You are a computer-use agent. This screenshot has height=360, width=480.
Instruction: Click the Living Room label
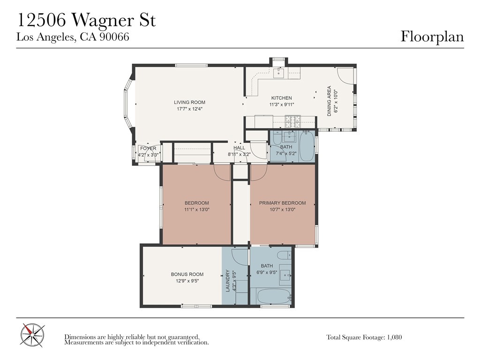click(189, 102)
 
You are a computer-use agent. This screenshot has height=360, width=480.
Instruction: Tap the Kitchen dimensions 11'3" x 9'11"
click(282, 105)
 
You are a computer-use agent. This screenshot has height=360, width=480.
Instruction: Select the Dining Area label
click(330, 101)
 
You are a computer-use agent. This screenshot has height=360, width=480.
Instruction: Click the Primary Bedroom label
click(282, 203)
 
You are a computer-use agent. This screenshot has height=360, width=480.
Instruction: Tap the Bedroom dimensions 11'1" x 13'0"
click(197, 210)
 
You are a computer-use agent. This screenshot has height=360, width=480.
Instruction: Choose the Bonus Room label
click(187, 274)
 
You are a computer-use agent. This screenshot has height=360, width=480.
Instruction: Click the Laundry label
click(228, 280)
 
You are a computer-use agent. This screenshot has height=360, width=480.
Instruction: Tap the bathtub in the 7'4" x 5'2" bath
click(307, 146)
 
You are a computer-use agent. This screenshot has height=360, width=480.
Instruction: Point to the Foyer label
click(148, 149)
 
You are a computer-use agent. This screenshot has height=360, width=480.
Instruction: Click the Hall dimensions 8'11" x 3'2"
click(240, 154)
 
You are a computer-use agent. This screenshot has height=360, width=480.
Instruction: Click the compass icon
click(32, 336)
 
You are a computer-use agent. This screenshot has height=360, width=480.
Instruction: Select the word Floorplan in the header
click(432, 37)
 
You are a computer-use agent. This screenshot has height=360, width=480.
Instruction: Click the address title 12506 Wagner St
click(87, 21)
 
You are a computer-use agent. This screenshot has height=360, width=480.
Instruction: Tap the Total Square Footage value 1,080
click(395, 337)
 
